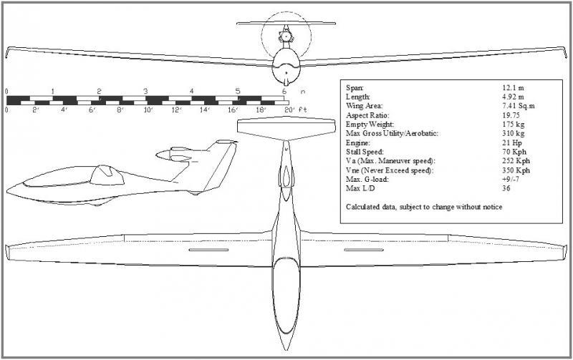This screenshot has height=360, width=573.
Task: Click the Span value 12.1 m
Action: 514,87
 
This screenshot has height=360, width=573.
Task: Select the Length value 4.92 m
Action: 514,96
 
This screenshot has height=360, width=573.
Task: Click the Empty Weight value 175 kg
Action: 513,124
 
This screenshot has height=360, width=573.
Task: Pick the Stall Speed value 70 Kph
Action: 514,152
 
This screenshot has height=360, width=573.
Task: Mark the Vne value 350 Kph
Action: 516,171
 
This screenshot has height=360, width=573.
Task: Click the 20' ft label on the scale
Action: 295,110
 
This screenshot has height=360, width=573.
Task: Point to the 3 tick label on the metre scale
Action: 145,92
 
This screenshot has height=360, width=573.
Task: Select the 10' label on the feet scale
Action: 148,110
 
